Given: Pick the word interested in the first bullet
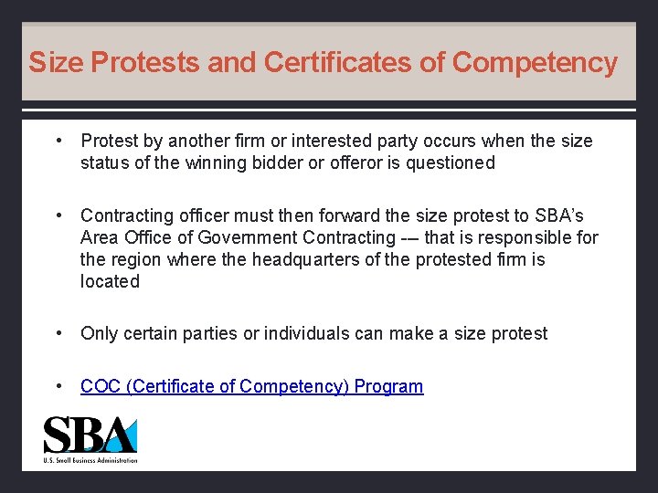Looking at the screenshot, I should pos(311,141).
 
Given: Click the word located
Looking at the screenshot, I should pos(110,281).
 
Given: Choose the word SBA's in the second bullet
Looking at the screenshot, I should pos(558,215).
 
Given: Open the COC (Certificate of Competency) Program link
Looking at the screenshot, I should pos(251,386).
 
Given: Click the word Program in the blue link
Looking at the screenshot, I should pos(388,386).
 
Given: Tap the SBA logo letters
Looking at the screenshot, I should pos(90,435).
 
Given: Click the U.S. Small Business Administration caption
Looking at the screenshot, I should pos(90,460).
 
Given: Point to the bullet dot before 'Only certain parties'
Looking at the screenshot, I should pos(58,333).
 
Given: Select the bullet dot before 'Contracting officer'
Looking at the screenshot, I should pos(58,215).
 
